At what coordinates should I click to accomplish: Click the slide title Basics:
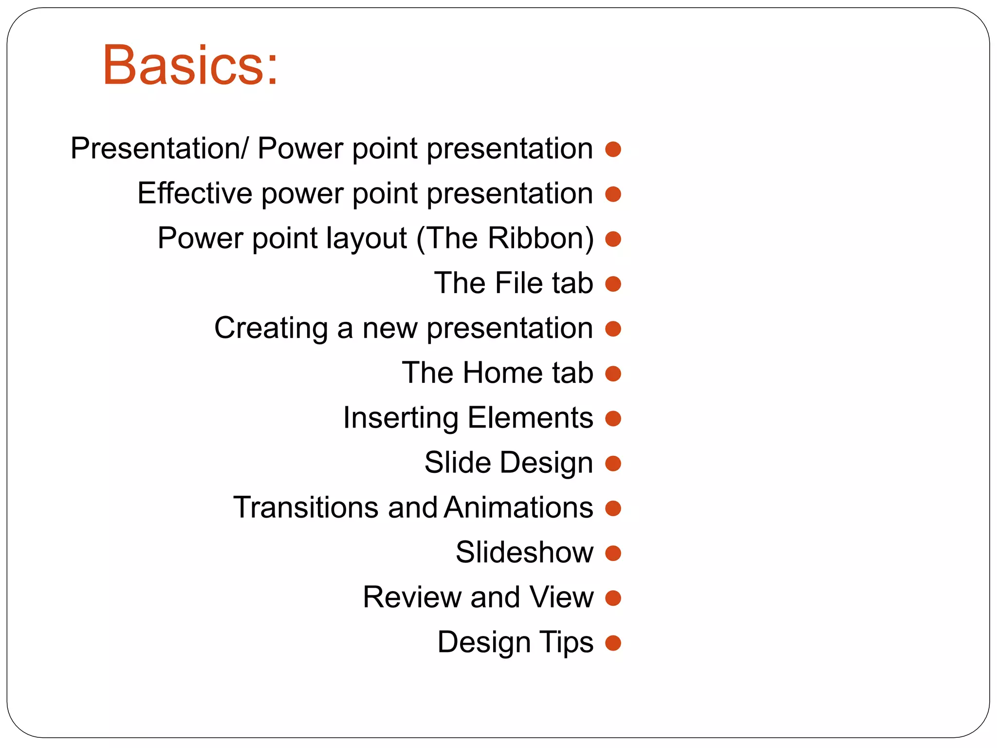[190, 66]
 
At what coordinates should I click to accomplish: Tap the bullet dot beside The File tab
[613, 284]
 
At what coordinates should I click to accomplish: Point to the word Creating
[271, 328]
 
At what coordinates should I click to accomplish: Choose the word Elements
[530, 418]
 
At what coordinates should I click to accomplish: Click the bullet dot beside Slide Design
[613, 464]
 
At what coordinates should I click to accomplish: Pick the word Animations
[518, 507]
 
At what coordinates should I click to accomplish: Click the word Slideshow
[524, 553]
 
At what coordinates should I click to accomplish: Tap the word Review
[411, 598]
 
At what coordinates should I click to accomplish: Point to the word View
[561, 598]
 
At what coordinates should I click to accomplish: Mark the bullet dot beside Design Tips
[613, 643]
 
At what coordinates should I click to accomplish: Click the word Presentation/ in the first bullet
[160, 149]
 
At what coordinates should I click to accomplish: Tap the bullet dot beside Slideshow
[613, 553]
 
